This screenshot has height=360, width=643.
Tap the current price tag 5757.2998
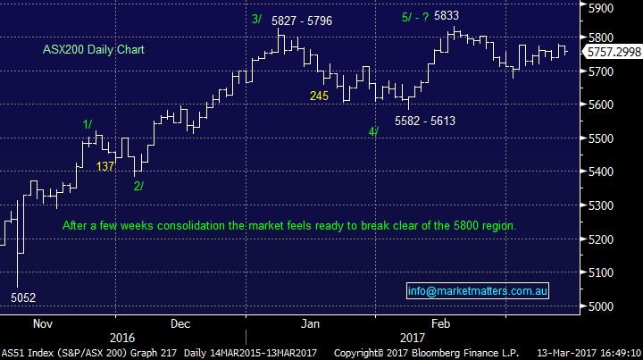pos(613,54)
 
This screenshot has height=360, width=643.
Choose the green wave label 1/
pos(88,123)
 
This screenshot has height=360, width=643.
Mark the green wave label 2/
pos(138,186)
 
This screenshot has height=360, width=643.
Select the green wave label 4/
pos(372,132)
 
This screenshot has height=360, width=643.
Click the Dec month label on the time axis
pos(180,323)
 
